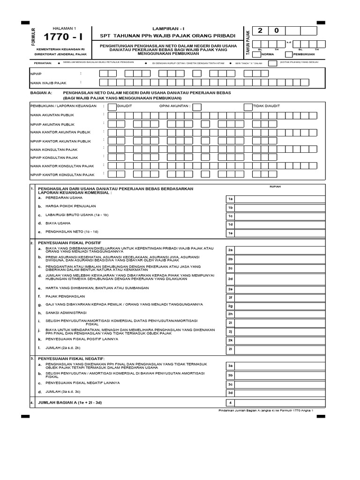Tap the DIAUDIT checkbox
(112, 106)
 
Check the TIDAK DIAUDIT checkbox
(248, 106)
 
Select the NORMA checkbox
(256, 54)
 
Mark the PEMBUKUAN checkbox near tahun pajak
(288, 54)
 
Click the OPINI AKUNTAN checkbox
(196, 106)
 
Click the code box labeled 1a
(230, 199)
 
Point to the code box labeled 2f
(230, 297)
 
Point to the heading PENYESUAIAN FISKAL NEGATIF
(71, 358)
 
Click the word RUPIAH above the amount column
(276, 187)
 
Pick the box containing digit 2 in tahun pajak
(260, 31)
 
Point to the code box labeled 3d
(230, 392)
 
